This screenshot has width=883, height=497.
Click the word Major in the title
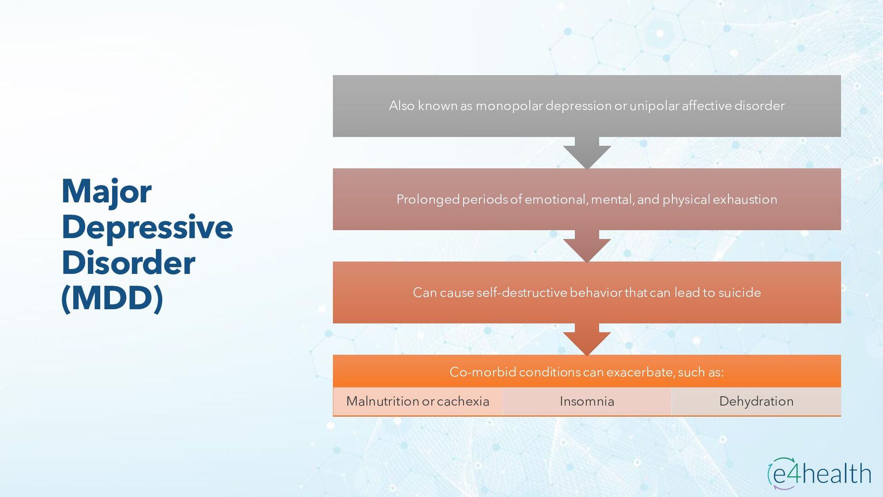[106, 191]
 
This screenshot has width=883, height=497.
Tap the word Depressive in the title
[147, 227]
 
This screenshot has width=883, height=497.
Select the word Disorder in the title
[128, 263]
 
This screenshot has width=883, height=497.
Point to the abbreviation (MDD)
[112, 298]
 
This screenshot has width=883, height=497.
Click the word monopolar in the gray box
[509, 106]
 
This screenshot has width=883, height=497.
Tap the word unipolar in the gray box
[654, 106]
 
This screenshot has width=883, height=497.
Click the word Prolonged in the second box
[428, 199]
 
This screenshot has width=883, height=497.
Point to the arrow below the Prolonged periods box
[587, 246]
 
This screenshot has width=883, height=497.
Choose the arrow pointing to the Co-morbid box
[587, 340]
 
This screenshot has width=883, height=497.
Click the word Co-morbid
[482, 372]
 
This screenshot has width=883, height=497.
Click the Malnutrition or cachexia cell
[418, 401]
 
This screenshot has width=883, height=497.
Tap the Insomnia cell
[587, 401]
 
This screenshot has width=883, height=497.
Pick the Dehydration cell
[756, 401]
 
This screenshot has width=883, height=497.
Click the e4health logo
[819, 474]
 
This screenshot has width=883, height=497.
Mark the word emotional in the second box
[556, 199]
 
